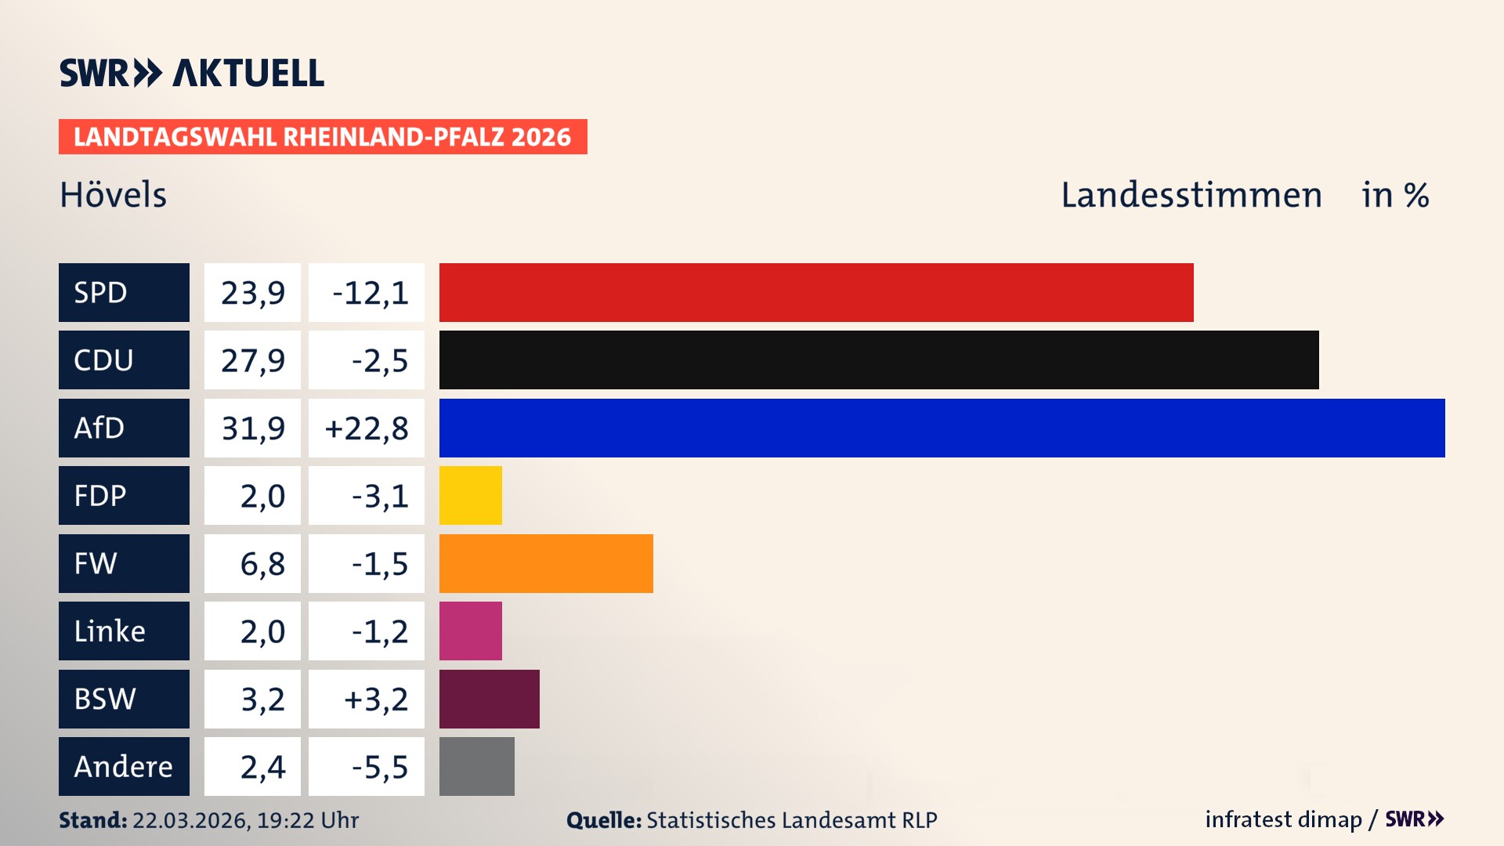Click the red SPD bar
point(816,292)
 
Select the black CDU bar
point(879,360)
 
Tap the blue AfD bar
point(942,428)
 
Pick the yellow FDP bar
point(470,495)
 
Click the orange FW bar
point(546,563)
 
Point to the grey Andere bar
point(476,766)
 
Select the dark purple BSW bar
point(489,699)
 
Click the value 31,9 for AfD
point(252,428)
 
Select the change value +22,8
point(367,428)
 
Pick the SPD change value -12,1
point(370,293)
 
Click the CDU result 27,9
point(252,360)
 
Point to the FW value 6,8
point(262,564)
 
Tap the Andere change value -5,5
point(379,767)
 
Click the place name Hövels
point(114,195)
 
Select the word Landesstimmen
point(1191,195)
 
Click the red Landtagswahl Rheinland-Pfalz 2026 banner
point(323,137)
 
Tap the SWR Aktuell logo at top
point(192,73)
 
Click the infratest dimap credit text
point(1283,819)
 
